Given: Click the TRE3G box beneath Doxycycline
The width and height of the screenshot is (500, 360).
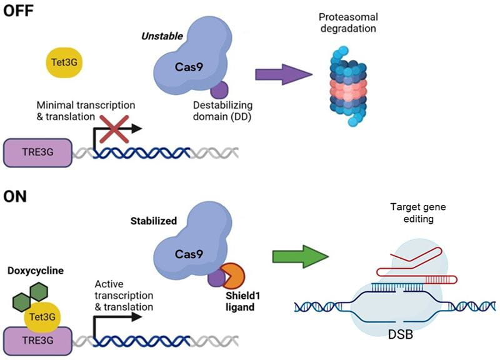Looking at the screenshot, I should [x=36, y=341].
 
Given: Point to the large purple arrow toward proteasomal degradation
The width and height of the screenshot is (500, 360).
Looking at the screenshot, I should [x=283, y=74].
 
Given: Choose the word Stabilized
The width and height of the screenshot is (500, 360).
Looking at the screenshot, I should [x=152, y=221].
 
